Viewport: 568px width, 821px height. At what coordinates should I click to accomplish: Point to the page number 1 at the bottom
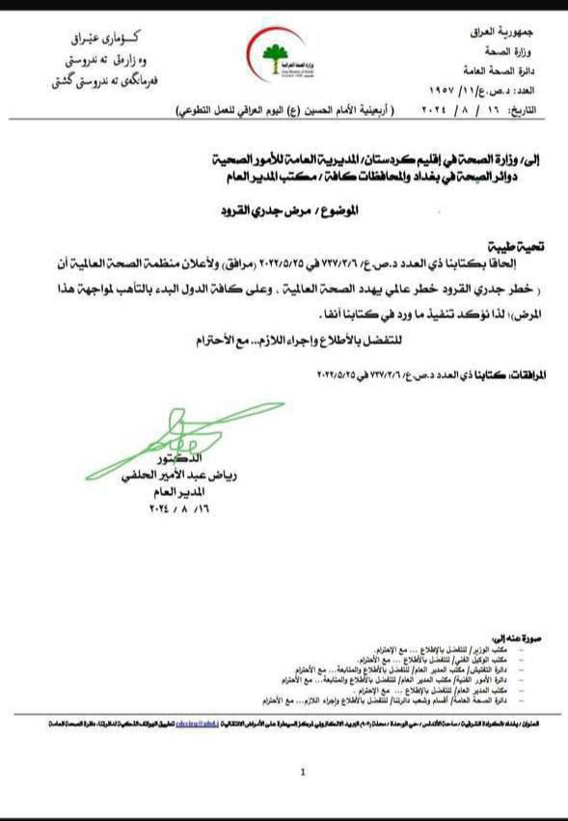tap(302, 772)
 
